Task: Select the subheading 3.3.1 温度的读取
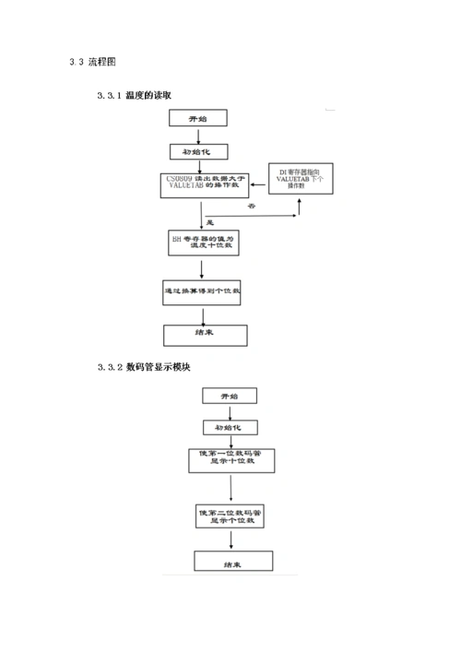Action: (x=135, y=95)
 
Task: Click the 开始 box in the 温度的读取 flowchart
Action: (x=197, y=120)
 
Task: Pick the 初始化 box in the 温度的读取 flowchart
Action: (x=197, y=151)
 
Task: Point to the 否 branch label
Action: (x=251, y=208)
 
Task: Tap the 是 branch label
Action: (x=208, y=223)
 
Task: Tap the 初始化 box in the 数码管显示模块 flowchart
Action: (x=230, y=427)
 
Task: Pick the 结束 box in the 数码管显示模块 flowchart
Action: (x=232, y=563)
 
